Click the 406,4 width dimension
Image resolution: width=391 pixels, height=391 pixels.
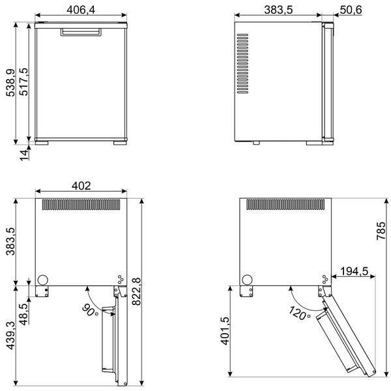[x=81, y=10]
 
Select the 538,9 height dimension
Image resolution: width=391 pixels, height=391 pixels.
[x=10, y=83]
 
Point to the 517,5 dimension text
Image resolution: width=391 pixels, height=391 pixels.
[x=24, y=82]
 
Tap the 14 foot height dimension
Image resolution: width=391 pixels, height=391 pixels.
[x=24, y=155]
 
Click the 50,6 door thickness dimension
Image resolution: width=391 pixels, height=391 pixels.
[x=351, y=10]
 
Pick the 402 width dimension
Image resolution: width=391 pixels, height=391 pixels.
[x=81, y=186]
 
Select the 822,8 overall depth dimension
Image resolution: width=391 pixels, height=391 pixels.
[x=136, y=291]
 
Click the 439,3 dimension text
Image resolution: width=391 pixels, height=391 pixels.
[x=10, y=336]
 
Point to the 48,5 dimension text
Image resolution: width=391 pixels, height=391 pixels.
[x=24, y=314]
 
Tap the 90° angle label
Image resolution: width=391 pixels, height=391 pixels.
[x=90, y=310]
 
